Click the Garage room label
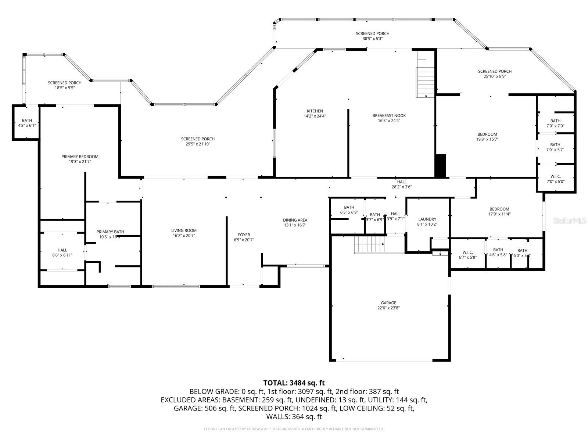pyautogui.click(x=388, y=303)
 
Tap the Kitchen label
pyautogui.click(x=315, y=111)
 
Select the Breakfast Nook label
pyautogui.click(x=389, y=115)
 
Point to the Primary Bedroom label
pyautogui.click(x=80, y=157)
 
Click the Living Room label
pyautogui.click(x=184, y=230)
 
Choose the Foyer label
pyautogui.click(x=244, y=235)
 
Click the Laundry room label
pyautogui.click(x=427, y=219)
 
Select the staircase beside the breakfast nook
pyautogui.click(x=425, y=82)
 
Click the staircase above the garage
pyautogui.click(x=369, y=245)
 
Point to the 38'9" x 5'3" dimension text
pyautogui.click(x=373, y=39)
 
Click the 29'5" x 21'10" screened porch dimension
pyautogui.click(x=198, y=144)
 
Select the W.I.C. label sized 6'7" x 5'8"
pyautogui.click(x=467, y=252)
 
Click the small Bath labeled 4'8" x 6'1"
pyautogui.click(x=27, y=120)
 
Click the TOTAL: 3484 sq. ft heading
pyautogui.click(x=294, y=383)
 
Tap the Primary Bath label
pyautogui.click(x=110, y=232)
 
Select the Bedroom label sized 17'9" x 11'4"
pyautogui.click(x=499, y=209)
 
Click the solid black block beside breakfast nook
pyautogui.click(x=440, y=165)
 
